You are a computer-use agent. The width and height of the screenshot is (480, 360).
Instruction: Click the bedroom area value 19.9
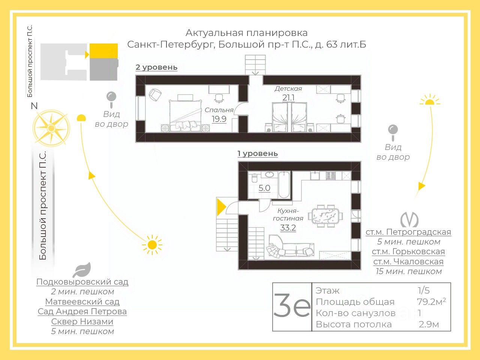[219, 119]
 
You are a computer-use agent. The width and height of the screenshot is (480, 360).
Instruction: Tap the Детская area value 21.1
[288, 98]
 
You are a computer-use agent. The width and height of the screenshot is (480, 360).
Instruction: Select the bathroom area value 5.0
[264, 188]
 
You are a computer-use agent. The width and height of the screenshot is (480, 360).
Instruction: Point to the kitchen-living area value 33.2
[288, 228]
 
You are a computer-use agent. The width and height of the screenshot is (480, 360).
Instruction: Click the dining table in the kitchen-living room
[325, 216]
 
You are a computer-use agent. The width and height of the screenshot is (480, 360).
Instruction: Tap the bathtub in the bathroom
[284, 184]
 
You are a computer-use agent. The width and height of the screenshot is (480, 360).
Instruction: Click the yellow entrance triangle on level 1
[221, 207]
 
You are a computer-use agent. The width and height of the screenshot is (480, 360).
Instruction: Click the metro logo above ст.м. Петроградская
[409, 220]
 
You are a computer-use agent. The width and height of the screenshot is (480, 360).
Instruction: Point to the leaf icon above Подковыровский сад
[82, 270]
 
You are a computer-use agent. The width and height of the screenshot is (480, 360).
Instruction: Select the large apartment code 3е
[292, 306]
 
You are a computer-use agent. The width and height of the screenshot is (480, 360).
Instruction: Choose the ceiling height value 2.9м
[429, 324]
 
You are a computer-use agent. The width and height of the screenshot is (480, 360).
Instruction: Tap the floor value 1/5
[424, 290]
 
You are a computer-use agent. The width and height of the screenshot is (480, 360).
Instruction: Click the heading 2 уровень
[156, 67]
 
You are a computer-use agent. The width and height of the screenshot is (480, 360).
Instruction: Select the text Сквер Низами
[82, 322]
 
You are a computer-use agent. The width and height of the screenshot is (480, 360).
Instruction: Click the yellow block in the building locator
[104, 51]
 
